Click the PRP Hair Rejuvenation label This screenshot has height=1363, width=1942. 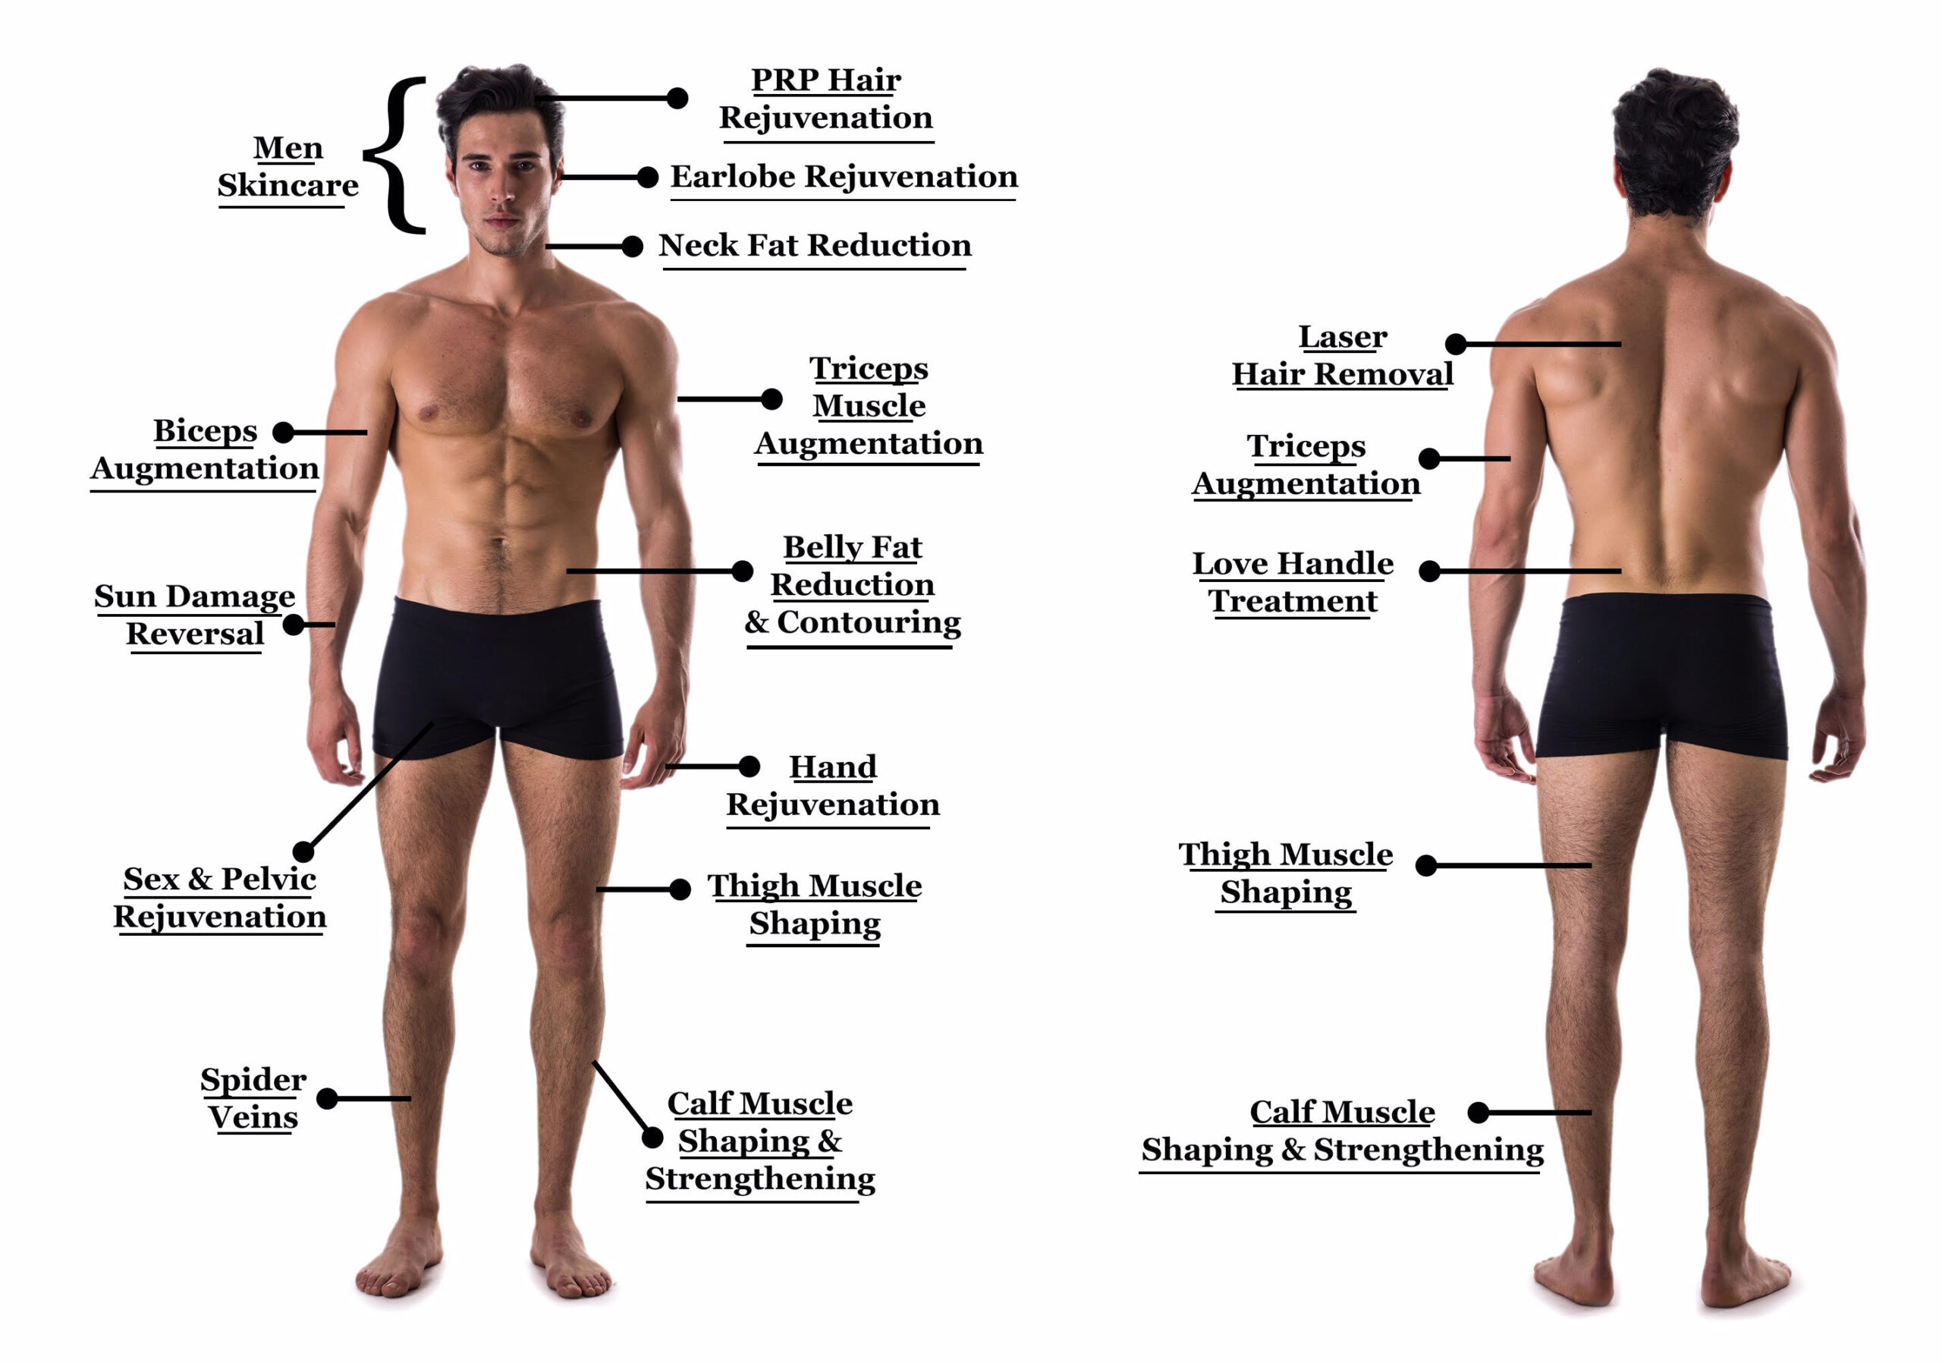coord(825,99)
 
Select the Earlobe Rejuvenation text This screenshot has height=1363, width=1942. coord(844,177)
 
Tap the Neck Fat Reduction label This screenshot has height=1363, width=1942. coord(815,245)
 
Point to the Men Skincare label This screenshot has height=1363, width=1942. coord(288,167)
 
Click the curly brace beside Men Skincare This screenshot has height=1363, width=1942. coord(394,155)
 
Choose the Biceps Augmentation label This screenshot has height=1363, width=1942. coord(205,449)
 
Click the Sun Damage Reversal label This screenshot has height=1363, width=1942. coord(194,615)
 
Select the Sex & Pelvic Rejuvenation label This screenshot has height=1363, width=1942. coord(220,898)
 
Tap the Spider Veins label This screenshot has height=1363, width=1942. coord(253,1098)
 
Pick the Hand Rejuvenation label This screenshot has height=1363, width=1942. coord(833,786)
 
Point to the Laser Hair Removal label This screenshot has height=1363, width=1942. coord(1342,355)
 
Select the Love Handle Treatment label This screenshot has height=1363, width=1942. coord(1293,582)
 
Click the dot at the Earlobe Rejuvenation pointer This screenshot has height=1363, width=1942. coord(648,178)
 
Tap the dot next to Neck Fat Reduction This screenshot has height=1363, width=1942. coord(632,246)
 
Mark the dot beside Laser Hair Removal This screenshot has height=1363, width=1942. coord(1456,345)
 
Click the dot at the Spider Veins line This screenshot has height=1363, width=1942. coord(327,1099)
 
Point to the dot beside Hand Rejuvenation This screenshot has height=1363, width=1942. coord(749,766)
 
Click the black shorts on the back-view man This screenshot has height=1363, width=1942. coord(1662,675)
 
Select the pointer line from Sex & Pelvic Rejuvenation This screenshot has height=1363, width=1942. coord(368,787)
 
